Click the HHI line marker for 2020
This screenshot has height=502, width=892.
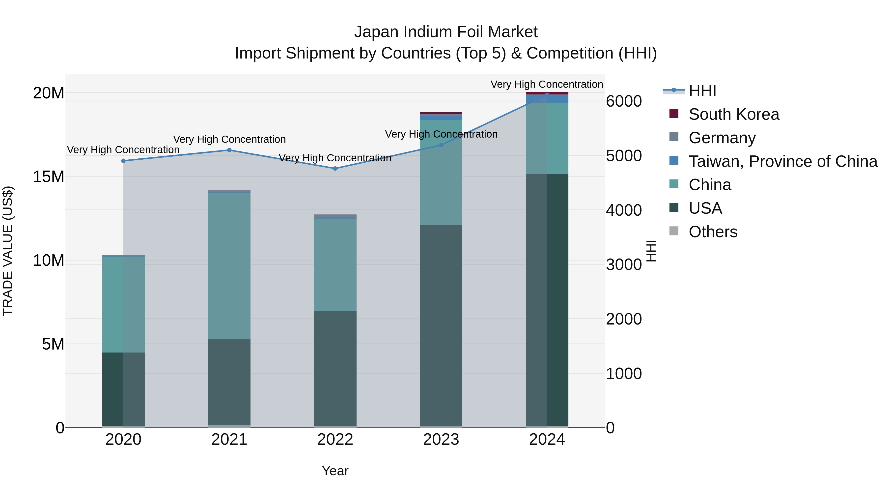(123, 161)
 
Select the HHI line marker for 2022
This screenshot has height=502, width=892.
(335, 169)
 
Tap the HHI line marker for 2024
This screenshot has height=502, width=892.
(547, 95)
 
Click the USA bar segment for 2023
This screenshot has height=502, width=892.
(441, 326)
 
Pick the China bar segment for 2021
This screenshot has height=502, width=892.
(229, 266)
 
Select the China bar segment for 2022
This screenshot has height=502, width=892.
(335, 265)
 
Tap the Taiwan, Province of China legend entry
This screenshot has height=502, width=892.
(782, 161)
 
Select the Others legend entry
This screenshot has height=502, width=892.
(713, 232)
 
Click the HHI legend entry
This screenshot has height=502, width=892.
(702, 91)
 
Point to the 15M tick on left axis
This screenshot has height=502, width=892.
(49, 177)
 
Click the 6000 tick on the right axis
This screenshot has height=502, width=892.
(624, 101)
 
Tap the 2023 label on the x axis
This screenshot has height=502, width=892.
(441, 440)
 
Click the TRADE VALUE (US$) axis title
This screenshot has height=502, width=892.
(8, 251)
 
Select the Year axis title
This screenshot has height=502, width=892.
(335, 471)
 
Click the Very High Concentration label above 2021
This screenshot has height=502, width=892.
(229, 139)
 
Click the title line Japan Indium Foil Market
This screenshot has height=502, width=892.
(446, 32)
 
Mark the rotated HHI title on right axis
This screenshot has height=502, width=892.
(651, 251)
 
